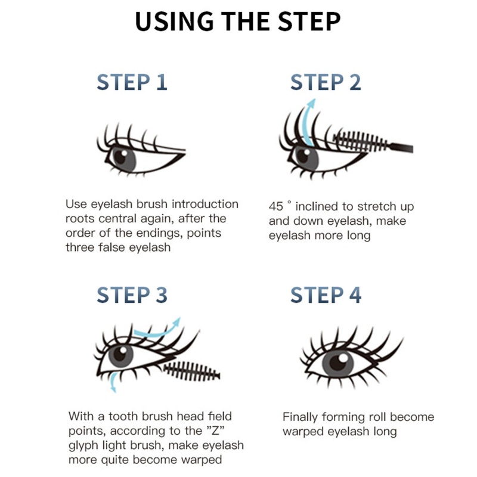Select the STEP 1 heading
pos(132,82)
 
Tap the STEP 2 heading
pos(326,82)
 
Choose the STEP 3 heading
pos(132,295)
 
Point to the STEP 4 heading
pos(326,295)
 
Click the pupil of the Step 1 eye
pos(120,156)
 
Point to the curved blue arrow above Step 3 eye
pos(156,329)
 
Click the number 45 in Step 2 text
pos(276,207)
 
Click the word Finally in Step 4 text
pos(302,417)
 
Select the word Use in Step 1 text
pos(76,204)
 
